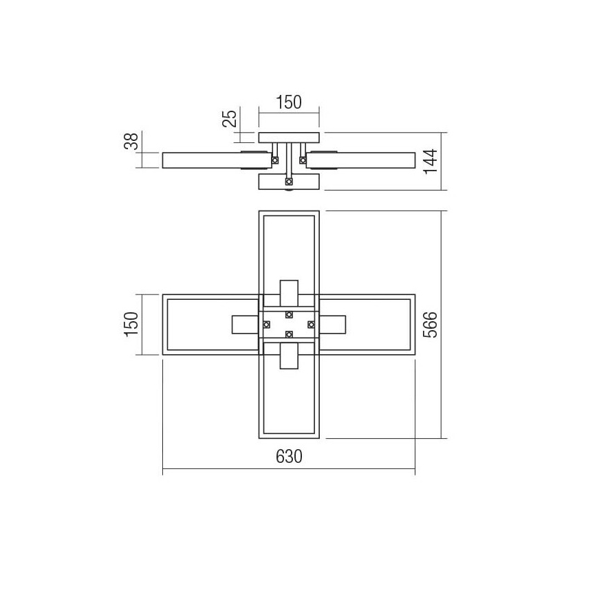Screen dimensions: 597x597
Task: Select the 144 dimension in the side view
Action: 431,161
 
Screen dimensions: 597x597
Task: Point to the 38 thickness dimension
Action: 132,141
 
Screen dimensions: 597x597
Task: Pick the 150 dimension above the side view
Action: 289,102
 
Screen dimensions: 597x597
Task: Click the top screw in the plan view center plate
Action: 289,315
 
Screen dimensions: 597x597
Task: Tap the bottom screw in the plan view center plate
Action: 289,334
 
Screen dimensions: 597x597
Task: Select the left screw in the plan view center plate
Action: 266,324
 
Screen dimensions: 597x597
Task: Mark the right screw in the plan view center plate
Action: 311,324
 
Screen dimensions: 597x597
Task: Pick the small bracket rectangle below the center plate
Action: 289,356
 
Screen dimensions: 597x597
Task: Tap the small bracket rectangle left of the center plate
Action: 244,324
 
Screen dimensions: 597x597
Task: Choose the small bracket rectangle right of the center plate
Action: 334,324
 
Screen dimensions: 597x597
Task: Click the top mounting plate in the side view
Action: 289,138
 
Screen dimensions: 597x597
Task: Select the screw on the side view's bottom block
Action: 289,182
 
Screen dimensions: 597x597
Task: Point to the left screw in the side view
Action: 275,160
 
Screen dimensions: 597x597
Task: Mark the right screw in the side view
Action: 302,160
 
